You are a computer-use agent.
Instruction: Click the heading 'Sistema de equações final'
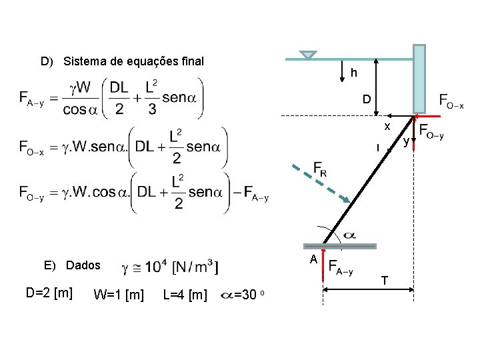[x=133, y=62]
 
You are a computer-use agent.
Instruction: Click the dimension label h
[x=354, y=73]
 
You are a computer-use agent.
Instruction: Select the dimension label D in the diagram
[x=366, y=100]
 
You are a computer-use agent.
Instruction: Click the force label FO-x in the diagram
[x=451, y=101]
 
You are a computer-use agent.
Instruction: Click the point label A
[x=311, y=259]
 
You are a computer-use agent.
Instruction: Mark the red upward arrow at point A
[x=323, y=263]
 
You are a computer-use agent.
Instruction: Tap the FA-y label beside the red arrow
[x=341, y=267]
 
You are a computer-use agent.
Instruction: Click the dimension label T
[x=385, y=280]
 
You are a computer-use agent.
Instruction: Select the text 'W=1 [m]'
[x=119, y=294]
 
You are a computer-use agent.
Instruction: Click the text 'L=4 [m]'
[x=185, y=294]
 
